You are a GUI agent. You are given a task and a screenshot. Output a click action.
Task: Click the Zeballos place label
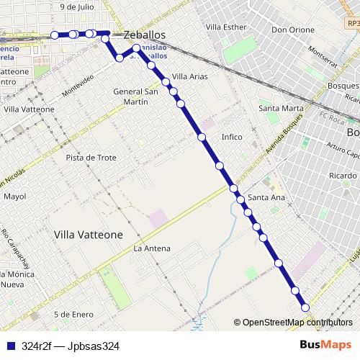click(145, 35)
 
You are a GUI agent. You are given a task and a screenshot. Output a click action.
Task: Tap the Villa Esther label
click(225, 27)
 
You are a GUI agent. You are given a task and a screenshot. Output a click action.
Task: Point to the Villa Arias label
click(191, 76)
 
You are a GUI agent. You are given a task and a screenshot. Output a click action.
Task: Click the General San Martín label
click(136, 96)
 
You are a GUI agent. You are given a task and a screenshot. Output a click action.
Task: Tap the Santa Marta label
click(281, 108)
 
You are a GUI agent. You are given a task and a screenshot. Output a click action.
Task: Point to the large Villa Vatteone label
click(89, 235)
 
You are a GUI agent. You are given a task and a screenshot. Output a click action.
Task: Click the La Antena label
click(152, 248)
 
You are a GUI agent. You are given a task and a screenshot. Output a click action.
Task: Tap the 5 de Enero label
click(73, 314)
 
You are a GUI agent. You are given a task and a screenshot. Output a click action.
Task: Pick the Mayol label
click(14, 196)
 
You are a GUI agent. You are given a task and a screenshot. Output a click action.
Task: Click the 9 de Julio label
click(78, 6)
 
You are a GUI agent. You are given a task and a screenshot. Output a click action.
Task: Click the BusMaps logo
click(325, 345)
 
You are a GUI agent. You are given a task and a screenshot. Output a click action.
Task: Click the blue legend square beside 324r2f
click(10, 346)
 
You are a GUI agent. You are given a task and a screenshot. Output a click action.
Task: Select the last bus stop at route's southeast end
click(305, 307)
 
